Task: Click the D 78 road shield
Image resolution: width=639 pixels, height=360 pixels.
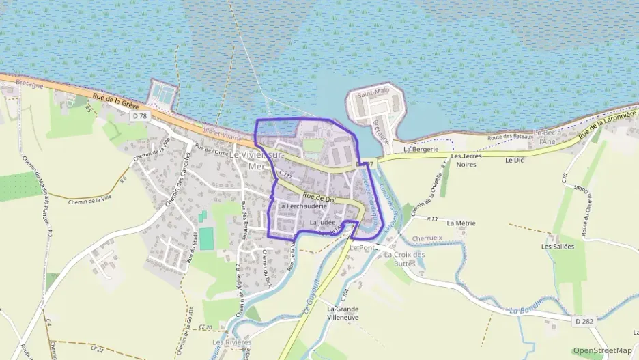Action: [140, 116]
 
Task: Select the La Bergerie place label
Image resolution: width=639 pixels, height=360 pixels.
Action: [420, 148]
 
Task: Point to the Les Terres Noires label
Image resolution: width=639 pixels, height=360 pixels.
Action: [466, 160]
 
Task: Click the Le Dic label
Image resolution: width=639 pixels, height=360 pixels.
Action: [513, 160]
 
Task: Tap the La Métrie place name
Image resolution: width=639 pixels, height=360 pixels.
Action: [461, 223]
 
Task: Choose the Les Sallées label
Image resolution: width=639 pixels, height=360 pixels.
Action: [558, 246]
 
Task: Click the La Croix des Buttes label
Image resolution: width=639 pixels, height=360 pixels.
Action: [404, 259]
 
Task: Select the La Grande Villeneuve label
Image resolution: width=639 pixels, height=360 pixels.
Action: [343, 313]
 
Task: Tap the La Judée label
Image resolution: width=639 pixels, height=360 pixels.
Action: [323, 223]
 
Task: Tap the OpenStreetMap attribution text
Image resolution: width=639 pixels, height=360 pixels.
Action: [601, 350]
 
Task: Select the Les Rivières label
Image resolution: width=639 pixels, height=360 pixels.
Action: [227, 342]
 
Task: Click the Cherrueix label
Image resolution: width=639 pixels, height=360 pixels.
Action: [428, 238]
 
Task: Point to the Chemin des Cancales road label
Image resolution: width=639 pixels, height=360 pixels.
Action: [176, 180]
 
